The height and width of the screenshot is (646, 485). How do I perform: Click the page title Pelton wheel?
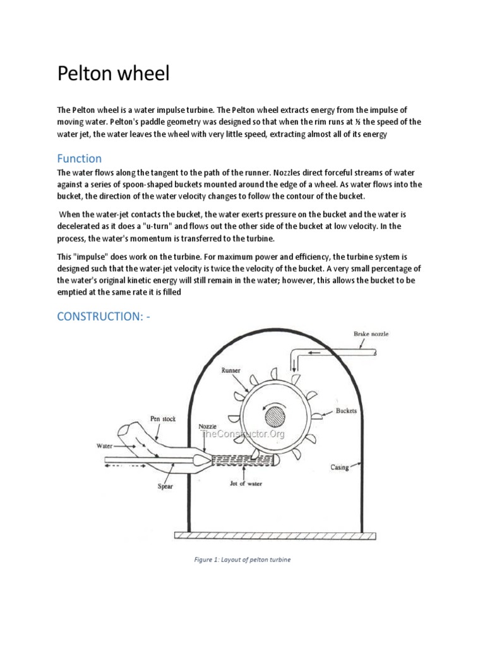[114, 74]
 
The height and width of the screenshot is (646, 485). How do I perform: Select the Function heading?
[79, 158]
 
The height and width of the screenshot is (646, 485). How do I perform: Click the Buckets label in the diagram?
[347, 411]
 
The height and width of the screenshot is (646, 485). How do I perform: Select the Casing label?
[340, 467]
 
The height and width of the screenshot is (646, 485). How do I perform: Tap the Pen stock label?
[163, 418]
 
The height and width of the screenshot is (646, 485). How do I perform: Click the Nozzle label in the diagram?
[208, 427]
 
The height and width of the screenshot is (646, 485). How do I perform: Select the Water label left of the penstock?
[104, 445]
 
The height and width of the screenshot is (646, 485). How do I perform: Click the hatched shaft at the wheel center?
[275, 417]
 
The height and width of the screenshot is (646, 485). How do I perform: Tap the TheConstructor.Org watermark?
[242, 434]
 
